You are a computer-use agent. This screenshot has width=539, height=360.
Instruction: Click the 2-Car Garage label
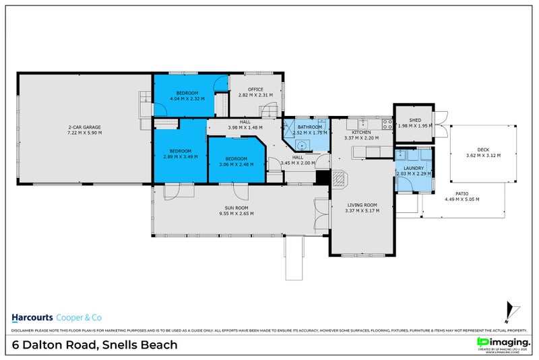pyautogui.click(x=84, y=127)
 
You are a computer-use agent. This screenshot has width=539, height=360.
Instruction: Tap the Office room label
pyautogui.click(x=255, y=90)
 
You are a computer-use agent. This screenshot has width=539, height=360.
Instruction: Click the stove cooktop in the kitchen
pyautogui.click(x=387, y=124)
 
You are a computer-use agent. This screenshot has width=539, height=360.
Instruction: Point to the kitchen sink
pyautogui.click(x=362, y=124)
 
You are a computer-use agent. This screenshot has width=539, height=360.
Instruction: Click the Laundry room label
pyautogui.click(x=412, y=169)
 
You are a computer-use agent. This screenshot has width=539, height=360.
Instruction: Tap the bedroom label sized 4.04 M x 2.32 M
pyautogui.click(x=187, y=93)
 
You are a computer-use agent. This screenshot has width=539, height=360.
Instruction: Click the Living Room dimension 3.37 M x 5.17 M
pyautogui.click(x=362, y=210)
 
